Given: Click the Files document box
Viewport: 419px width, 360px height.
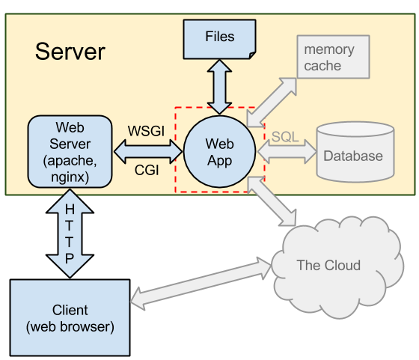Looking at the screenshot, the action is click(x=220, y=39).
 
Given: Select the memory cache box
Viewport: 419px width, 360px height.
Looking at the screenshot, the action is click(x=333, y=57).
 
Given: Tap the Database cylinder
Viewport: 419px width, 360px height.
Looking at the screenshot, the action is click(x=355, y=152).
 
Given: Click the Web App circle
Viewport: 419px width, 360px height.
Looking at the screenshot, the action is click(x=220, y=151).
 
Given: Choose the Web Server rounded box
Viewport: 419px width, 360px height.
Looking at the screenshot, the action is click(x=70, y=151).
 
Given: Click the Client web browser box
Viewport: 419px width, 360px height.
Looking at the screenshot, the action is click(x=70, y=318).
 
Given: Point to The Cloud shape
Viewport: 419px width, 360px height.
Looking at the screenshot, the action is click(x=337, y=267).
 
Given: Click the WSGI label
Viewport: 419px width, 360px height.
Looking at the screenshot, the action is click(x=146, y=131).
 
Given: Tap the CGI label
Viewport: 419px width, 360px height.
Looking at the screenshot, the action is click(x=147, y=170).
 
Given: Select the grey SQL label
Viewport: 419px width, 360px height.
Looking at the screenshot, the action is click(x=285, y=137).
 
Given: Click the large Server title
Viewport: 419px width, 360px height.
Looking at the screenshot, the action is click(x=70, y=52).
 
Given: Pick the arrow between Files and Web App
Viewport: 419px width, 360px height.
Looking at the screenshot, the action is click(x=219, y=87).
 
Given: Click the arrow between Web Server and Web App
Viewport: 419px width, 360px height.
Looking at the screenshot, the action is click(x=148, y=151).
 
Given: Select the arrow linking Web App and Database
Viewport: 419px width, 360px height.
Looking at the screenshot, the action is click(x=287, y=152).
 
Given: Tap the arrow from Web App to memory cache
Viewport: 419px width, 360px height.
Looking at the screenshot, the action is click(x=272, y=103).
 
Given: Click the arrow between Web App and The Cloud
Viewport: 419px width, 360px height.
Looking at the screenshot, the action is click(x=272, y=201).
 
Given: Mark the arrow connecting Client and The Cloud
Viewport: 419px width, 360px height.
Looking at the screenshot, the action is click(x=201, y=284).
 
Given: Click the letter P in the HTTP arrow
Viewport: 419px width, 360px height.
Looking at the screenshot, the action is click(x=70, y=258).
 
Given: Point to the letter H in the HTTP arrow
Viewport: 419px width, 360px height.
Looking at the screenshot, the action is click(x=70, y=210).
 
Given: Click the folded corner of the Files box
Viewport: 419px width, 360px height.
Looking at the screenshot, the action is click(x=253, y=55).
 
